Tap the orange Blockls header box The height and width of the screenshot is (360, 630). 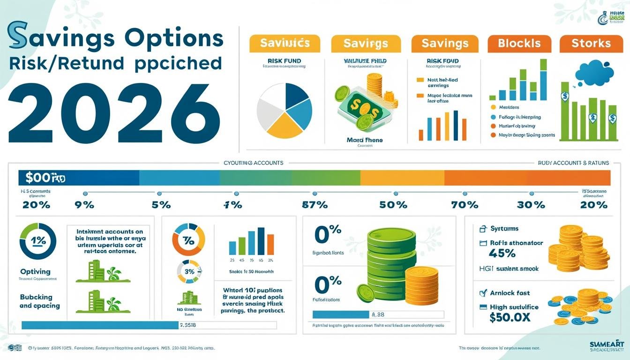point(519,44)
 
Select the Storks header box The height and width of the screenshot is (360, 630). point(591,44)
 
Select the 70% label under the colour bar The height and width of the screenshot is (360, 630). point(465,205)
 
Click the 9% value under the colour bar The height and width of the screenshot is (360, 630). point(84,205)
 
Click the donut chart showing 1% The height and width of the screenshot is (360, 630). point(38,241)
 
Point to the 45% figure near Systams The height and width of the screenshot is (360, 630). point(502,254)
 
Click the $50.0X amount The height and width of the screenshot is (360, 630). point(510,318)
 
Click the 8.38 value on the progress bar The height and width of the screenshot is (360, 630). point(377,315)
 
